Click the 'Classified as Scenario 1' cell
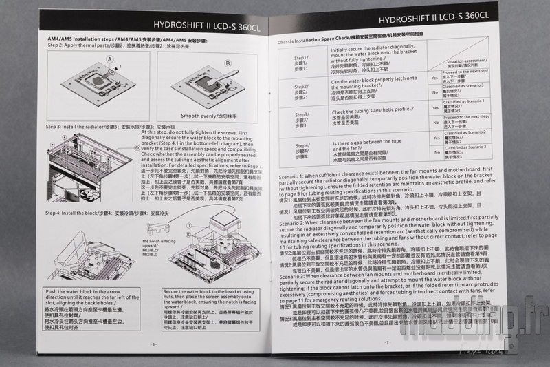pyautogui.click(x=464, y=101)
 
